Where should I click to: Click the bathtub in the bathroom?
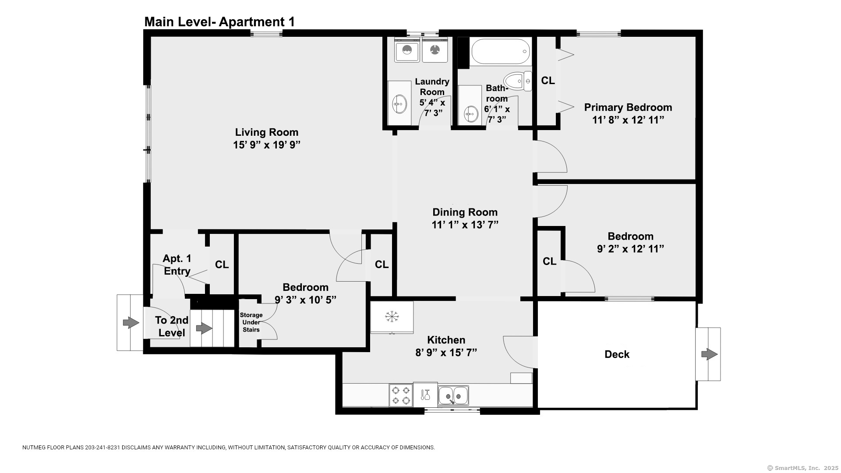[501, 52]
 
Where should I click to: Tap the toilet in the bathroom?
[518, 81]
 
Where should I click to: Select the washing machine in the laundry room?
[407, 50]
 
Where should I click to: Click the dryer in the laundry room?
[435, 50]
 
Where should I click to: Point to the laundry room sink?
[399, 104]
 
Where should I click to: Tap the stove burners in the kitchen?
[401, 395]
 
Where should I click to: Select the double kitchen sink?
[453, 395]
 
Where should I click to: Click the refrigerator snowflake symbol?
[392, 316]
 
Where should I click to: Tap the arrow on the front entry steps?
[131, 323]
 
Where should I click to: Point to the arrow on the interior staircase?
[204, 328]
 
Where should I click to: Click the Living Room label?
[267, 132]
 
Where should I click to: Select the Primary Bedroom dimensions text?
[628, 120]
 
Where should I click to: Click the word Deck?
[617, 354]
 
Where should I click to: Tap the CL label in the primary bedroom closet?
[548, 81]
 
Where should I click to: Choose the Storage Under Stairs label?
[251, 322]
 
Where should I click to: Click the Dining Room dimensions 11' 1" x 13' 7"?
[465, 225]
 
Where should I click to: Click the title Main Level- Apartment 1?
[219, 22]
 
